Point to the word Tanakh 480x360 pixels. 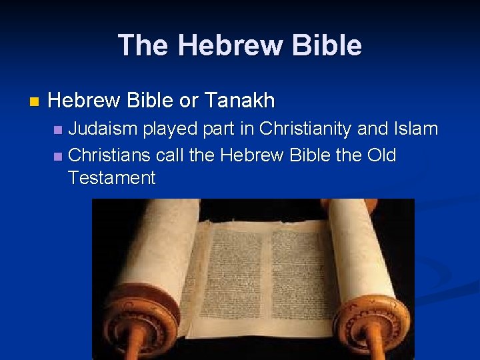click(x=239, y=101)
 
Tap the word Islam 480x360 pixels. click(x=416, y=128)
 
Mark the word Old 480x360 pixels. click(x=381, y=155)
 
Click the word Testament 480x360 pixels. click(x=111, y=178)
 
